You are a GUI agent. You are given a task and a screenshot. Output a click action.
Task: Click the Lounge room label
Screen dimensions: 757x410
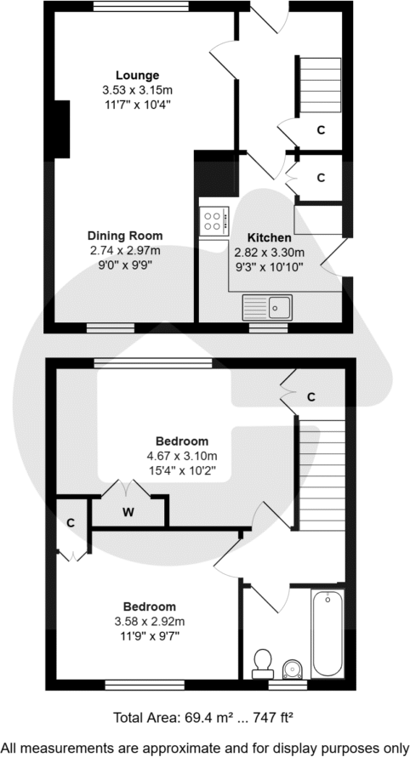tap(137, 75)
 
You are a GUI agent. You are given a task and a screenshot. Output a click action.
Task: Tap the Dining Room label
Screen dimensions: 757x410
tap(125, 236)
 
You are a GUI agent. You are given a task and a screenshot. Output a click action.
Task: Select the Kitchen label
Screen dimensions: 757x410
tap(269, 238)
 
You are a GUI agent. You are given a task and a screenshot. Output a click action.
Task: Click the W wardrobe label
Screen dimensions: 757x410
tap(128, 511)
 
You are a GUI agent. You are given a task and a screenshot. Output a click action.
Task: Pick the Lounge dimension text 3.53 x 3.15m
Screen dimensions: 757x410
tap(137, 89)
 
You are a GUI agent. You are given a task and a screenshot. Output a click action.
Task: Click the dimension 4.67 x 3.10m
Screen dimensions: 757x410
tap(182, 455)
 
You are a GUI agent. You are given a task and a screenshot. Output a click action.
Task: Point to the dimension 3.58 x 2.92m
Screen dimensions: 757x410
tap(150, 621)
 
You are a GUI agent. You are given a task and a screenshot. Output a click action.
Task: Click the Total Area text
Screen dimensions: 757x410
tap(204, 718)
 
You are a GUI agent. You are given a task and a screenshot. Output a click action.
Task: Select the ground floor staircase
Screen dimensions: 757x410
tap(320, 88)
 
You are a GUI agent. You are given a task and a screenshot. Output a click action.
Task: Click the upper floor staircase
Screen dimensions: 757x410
tap(321, 477)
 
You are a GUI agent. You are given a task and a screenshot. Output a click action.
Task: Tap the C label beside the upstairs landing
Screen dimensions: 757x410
tap(311, 396)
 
